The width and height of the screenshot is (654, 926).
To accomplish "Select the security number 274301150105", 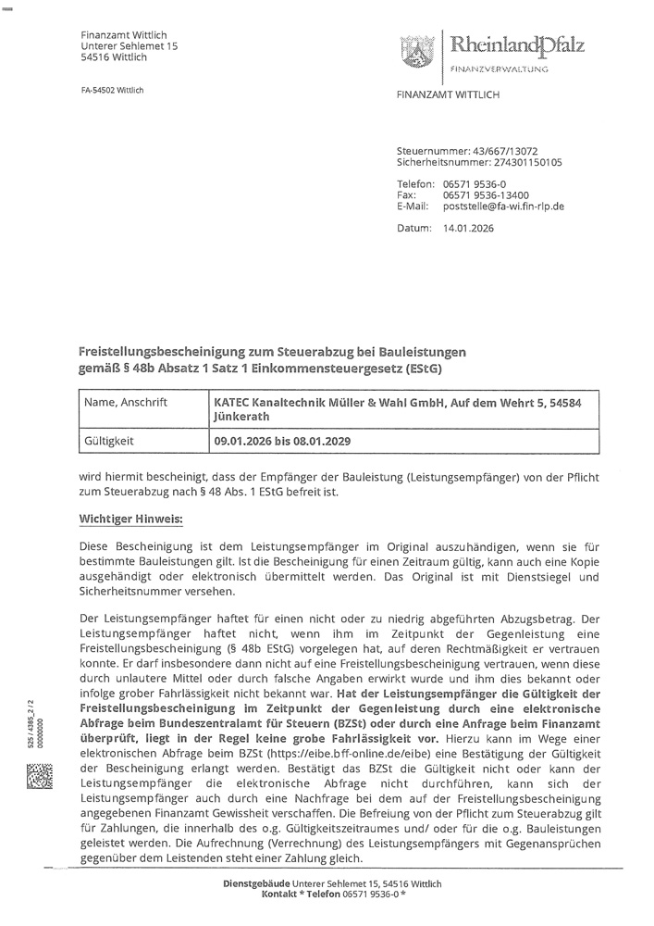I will [515, 161].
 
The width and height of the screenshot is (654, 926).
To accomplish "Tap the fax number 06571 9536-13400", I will [486, 195].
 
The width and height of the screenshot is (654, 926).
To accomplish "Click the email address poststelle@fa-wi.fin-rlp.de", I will [504, 206].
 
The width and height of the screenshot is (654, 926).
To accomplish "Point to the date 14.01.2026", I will [469, 228].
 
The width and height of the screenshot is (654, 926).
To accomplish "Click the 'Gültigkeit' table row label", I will [107, 442].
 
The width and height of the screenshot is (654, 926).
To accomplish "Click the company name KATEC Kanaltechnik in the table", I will [278, 405].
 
